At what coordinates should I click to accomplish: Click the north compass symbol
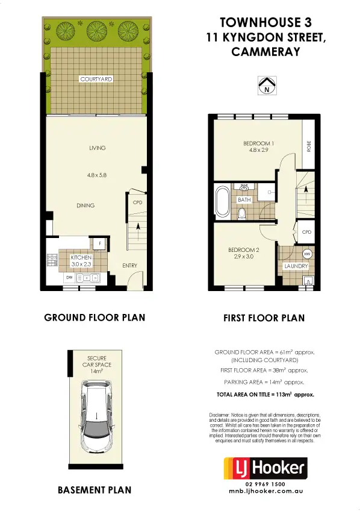(x=265, y=86)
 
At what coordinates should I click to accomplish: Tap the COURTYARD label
(x=96, y=79)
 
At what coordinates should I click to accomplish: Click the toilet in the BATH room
(x=242, y=213)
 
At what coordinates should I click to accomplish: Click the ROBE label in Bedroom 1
(x=309, y=146)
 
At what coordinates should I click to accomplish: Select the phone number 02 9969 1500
(x=265, y=484)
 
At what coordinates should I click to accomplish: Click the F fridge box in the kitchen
(x=99, y=243)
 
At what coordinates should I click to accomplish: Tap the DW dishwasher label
(x=69, y=277)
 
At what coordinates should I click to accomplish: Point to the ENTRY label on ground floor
(x=129, y=265)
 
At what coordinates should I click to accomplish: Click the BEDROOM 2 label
(x=243, y=249)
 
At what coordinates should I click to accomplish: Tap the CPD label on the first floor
(x=306, y=231)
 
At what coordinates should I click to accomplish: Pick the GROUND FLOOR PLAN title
(x=95, y=317)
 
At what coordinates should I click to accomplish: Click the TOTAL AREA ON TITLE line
(x=265, y=395)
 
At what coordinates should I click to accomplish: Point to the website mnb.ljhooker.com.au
(x=265, y=492)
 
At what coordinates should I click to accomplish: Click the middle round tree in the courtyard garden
(x=96, y=29)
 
